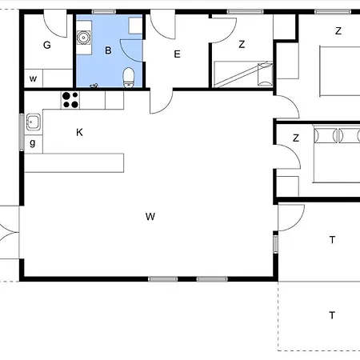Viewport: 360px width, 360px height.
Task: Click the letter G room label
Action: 47,45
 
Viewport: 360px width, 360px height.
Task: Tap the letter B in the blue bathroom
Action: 108,50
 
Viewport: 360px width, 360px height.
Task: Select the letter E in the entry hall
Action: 177,54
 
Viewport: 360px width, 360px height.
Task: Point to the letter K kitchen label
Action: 79,132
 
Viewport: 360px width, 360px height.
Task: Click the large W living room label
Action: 150,216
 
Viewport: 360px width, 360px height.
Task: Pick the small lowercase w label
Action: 33,78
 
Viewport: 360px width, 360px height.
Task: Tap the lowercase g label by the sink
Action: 33,143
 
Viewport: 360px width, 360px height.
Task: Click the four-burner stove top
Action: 70,100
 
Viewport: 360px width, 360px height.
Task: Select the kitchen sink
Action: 34,122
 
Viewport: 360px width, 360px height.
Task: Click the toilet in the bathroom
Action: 129,78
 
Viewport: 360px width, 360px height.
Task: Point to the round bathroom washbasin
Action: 83,38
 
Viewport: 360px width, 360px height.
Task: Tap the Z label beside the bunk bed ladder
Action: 242,44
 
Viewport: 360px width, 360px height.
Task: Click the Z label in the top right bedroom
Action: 338,31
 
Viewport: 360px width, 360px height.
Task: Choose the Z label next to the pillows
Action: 296,138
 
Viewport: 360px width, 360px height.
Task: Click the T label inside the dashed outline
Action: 332,315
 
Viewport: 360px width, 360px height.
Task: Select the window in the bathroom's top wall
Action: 104,12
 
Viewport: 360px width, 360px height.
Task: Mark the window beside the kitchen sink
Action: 22,132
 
